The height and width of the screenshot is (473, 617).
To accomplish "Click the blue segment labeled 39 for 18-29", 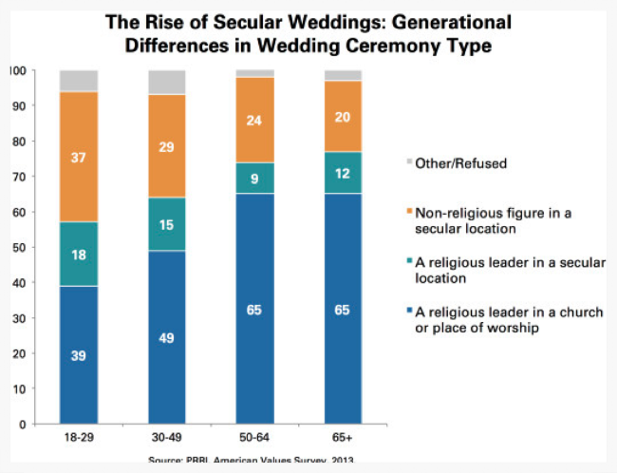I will (x=79, y=354).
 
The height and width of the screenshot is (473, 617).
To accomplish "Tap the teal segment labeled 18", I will (x=79, y=255).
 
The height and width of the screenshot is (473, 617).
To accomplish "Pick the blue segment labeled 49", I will (x=166, y=337).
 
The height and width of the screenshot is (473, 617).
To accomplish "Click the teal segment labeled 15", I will (x=166, y=224).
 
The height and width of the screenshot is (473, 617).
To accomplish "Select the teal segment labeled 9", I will (x=253, y=179).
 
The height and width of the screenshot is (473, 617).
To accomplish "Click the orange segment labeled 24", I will (x=253, y=121).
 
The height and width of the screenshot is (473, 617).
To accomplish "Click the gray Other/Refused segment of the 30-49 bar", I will (x=166, y=83).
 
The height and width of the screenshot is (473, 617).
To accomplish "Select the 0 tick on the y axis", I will (x=20, y=424).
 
